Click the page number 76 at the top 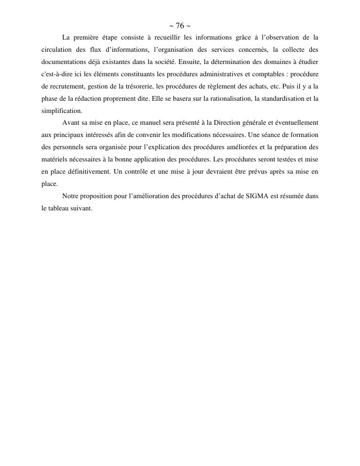[180, 26]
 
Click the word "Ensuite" [190, 62]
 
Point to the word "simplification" [62, 111]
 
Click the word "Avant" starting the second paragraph [71, 123]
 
